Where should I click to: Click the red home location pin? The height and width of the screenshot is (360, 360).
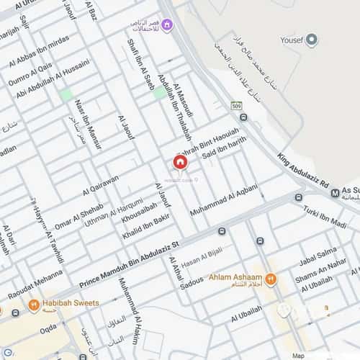click(180, 162)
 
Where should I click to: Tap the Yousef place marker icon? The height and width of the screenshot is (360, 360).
click(312, 40)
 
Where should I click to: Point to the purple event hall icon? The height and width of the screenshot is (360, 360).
click(167, 27)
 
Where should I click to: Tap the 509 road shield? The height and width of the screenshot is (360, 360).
click(235, 107)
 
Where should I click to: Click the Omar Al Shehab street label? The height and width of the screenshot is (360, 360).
click(78, 216)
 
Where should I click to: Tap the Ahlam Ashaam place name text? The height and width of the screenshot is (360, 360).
click(233, 277)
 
